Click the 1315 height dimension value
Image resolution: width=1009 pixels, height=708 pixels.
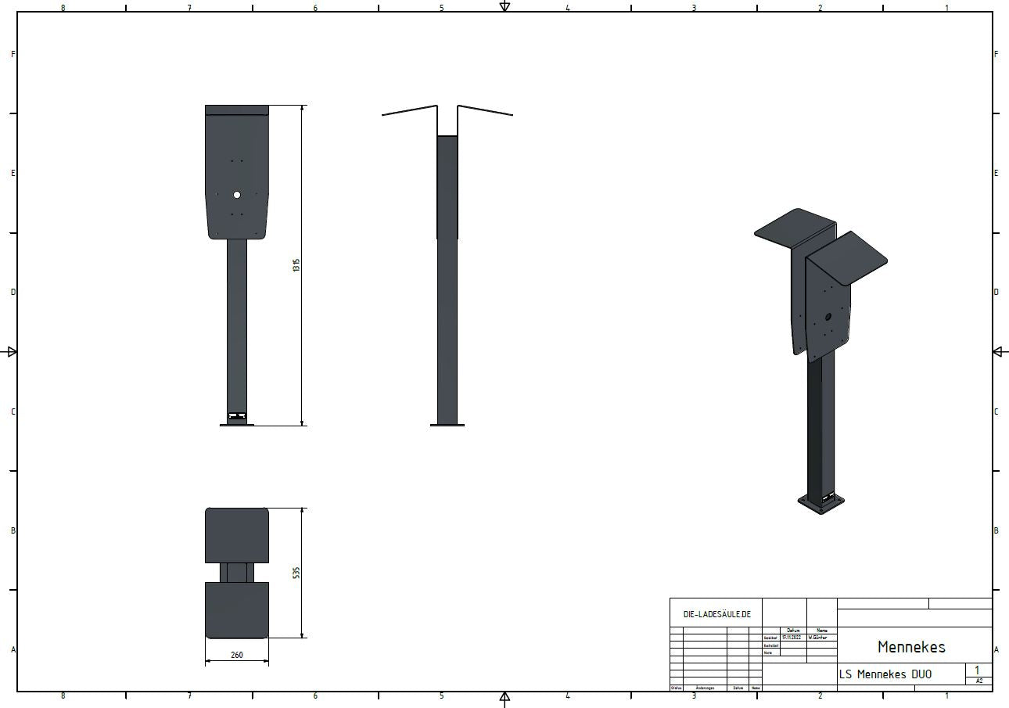(x=296, y=265)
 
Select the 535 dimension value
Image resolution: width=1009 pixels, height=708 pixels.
(x=296, y=573)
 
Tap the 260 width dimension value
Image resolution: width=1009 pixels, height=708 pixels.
(x=237, y=655)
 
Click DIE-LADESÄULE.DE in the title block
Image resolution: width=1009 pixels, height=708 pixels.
(x=716, y=614)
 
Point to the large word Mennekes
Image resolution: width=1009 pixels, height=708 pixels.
(x=911, y=647)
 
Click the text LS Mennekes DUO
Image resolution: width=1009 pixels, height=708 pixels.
(x=885, y=674)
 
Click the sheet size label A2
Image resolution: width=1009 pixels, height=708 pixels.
(x=978, y=681)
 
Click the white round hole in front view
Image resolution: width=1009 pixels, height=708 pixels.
(x=237, y=195)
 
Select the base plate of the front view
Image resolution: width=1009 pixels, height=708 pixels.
(x=237, y=425)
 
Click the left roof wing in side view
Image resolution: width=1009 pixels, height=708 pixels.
(x=409, y=110)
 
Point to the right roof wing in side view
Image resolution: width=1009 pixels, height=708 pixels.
(x=485, y=110)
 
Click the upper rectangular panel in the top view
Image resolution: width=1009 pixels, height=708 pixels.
(x=237, y=535)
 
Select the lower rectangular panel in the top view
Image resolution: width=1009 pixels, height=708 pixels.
(x=237, y=609)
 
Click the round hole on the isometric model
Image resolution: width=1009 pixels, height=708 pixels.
(x=828, y=318)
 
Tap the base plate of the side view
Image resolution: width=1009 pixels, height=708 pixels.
(x=447, y=425)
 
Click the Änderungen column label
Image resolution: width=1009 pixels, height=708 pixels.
(x=705, y=688)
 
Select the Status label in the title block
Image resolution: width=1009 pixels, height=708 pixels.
(x=676, y=688)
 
